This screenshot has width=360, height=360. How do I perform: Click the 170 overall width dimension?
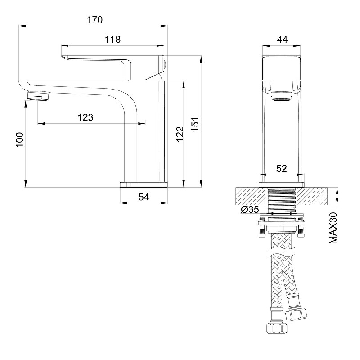[95, 20]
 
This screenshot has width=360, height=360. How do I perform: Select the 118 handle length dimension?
[112, 40]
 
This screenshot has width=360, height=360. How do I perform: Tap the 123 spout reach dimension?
[85, 117]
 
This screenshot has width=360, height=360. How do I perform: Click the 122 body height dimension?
[179, 134]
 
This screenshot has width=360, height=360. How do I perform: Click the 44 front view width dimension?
[282, 40]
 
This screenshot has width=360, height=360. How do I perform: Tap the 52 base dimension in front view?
[281, 169]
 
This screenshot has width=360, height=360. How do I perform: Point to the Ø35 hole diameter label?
[250, 210]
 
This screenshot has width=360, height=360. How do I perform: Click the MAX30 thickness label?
[333, 228]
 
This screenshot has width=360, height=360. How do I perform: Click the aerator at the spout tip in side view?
[38, 96]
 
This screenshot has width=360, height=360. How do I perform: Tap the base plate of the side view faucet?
[143, 184]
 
